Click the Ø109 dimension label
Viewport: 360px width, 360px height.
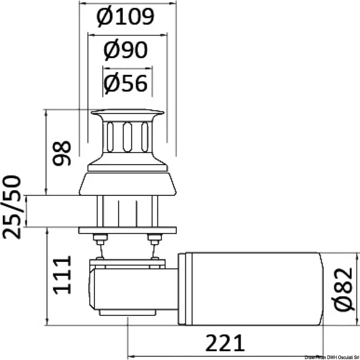[x=126, y=17]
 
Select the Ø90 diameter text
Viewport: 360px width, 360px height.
[x=126, y=50]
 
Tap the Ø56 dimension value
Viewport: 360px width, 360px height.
[x=126, y=83]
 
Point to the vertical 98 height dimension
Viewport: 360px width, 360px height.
[x=62, y=153]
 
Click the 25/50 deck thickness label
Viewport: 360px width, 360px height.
[x=12, y=207]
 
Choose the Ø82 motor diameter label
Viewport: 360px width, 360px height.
[x=342, y=289]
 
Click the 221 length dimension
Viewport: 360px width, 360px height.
[x=225, y=343]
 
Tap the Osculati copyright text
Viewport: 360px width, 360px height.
[x=332, y=358]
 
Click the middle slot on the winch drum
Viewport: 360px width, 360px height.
[x=127, y=137]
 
